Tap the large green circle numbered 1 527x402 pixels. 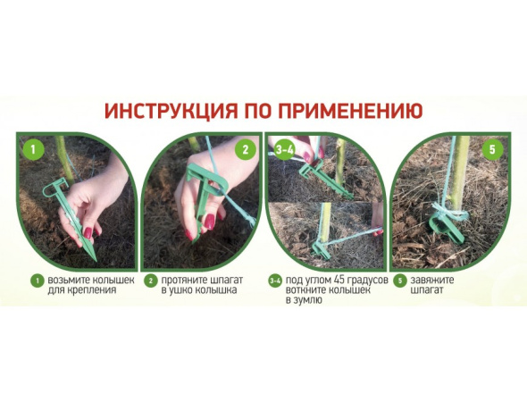[32, 148]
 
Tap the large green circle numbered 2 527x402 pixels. [244, 148]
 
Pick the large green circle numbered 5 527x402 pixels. [490, 148]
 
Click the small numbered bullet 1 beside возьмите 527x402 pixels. [37, 281]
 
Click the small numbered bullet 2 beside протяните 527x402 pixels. [151, 281]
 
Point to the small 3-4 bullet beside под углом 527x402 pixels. [273, 281]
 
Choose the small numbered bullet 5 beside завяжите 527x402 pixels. [398, 281]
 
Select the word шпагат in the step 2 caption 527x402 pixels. [217, 281]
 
